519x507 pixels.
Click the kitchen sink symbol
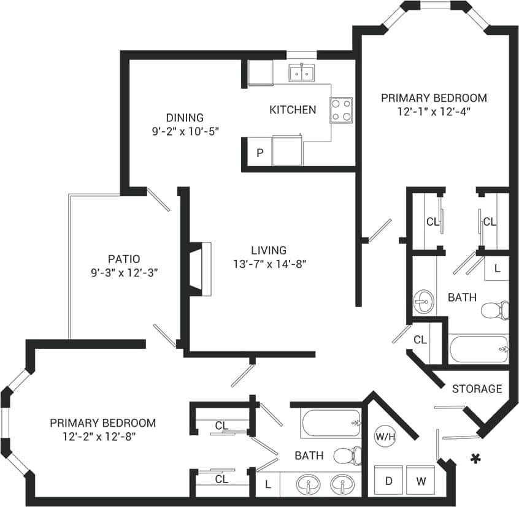point(301,73)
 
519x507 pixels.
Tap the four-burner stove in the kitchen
point(341,110)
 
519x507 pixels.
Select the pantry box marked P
point(259,153)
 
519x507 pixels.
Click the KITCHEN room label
point(293,110)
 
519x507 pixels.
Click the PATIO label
point(123,259)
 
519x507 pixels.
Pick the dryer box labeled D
point(388,481)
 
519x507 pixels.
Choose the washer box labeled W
point(421,481)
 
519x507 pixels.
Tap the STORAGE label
point(477,389)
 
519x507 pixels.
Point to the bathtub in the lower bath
point(331,422)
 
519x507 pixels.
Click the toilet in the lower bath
point(347,456)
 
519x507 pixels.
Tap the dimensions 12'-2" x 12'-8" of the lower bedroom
point(102,436)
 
